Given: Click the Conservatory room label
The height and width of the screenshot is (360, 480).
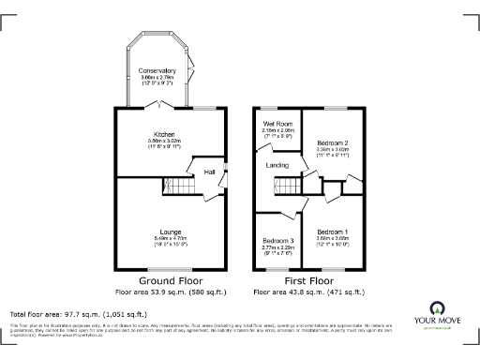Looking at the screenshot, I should (x=157, y=71).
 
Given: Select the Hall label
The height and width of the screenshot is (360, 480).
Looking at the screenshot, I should (x=210, y=172).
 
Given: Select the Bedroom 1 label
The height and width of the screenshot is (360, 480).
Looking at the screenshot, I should (x=332, y=232).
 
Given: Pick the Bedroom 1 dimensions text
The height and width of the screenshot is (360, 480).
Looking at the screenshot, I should (x=332, y=239).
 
